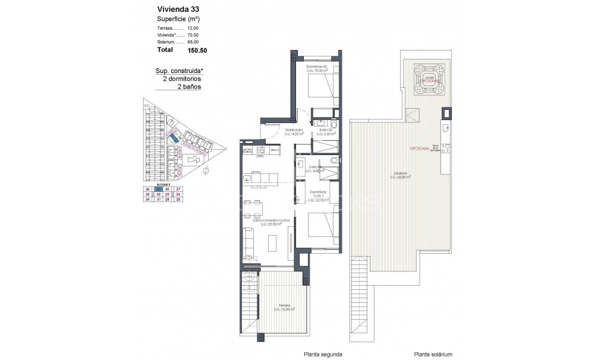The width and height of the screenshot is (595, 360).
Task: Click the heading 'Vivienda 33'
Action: coord(178,9)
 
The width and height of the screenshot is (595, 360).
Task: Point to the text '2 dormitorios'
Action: coord(178,78)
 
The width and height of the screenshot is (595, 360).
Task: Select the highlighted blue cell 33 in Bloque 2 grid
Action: coord(158,189)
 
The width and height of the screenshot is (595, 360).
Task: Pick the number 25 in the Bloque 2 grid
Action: coord(178,200)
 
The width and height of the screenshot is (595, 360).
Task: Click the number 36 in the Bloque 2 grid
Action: coord(148,189)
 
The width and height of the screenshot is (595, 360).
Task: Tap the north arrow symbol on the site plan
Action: coord(205,171)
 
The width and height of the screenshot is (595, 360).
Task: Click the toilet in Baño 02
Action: coord(334,125)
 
